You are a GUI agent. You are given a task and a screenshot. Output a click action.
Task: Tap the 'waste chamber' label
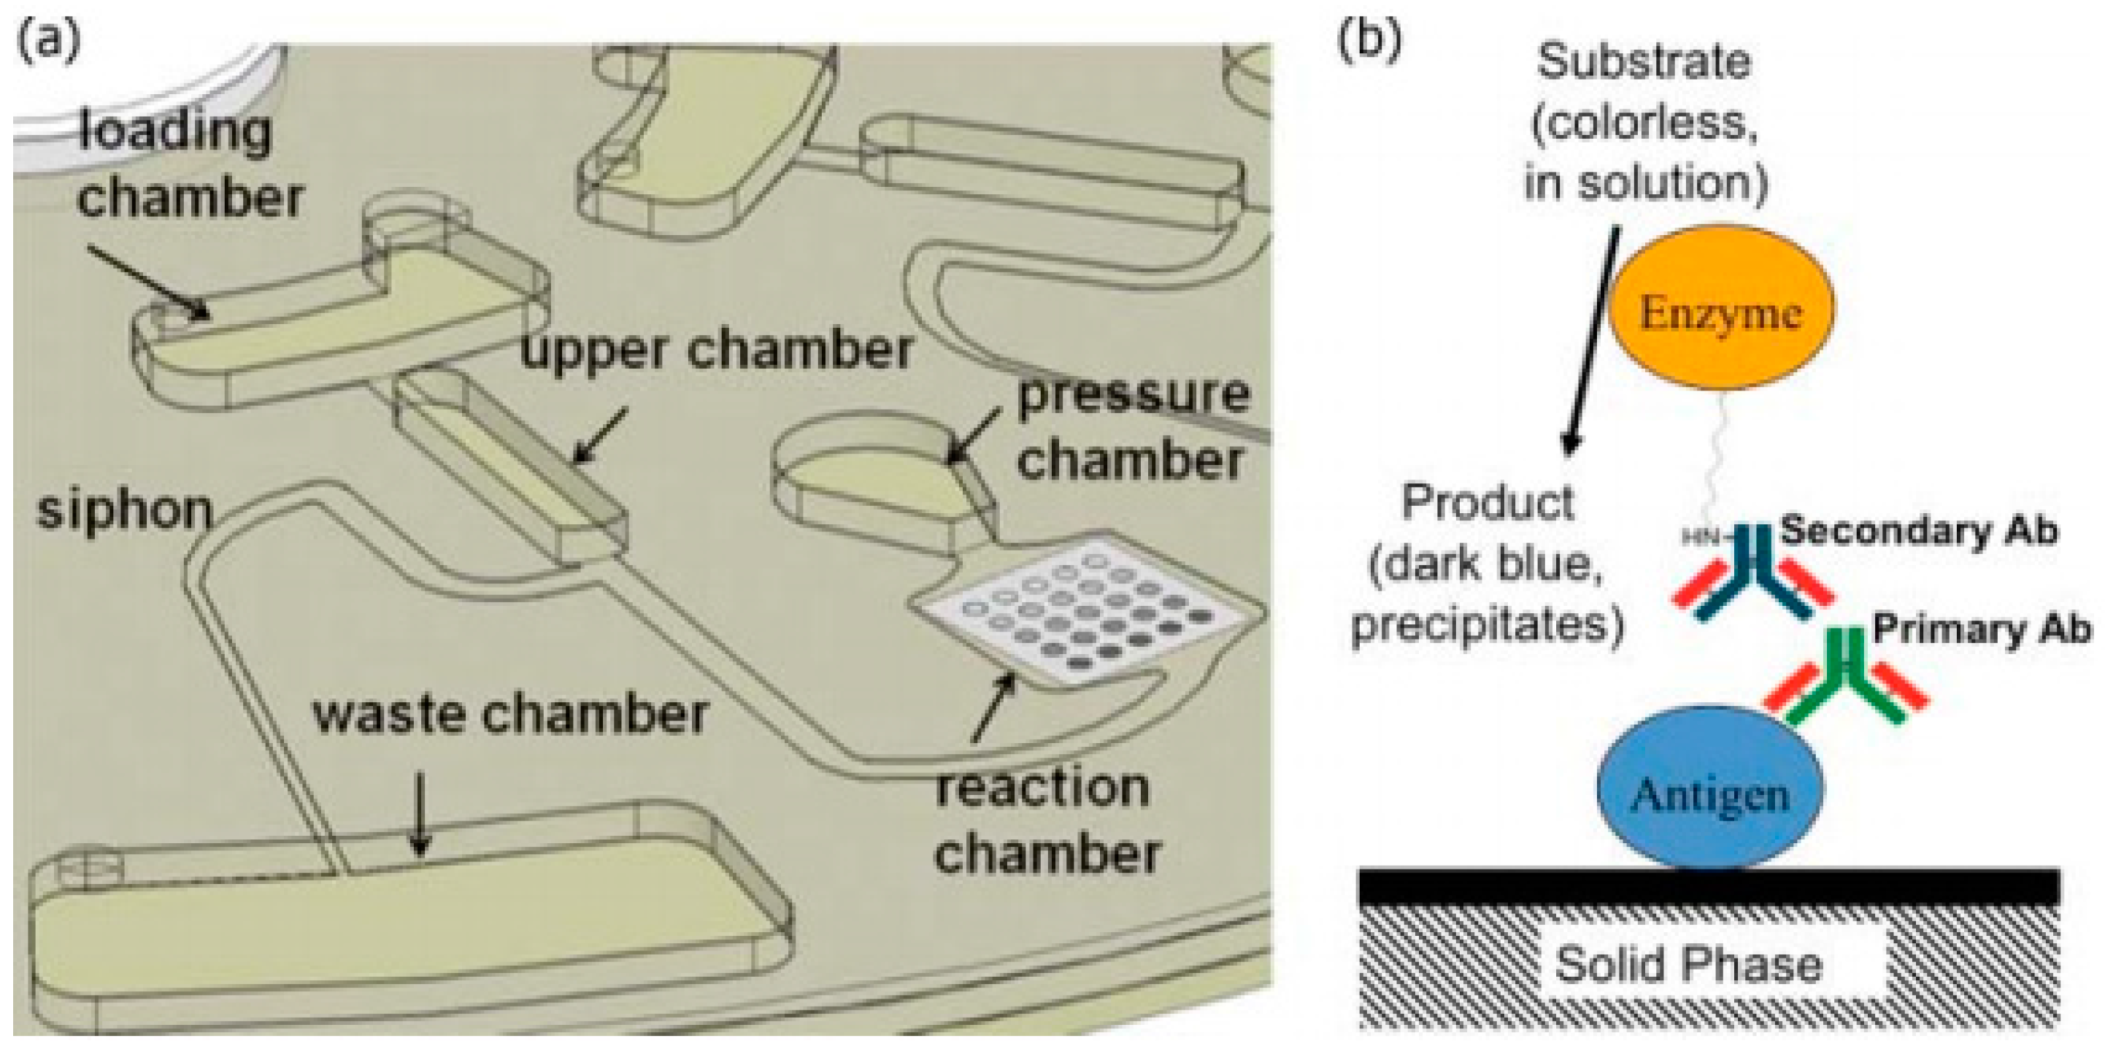tap(510, 714)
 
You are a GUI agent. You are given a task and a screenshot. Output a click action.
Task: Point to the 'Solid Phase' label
tap(1688, 965)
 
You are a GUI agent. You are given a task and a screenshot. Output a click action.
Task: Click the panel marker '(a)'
tap(49, 41)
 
